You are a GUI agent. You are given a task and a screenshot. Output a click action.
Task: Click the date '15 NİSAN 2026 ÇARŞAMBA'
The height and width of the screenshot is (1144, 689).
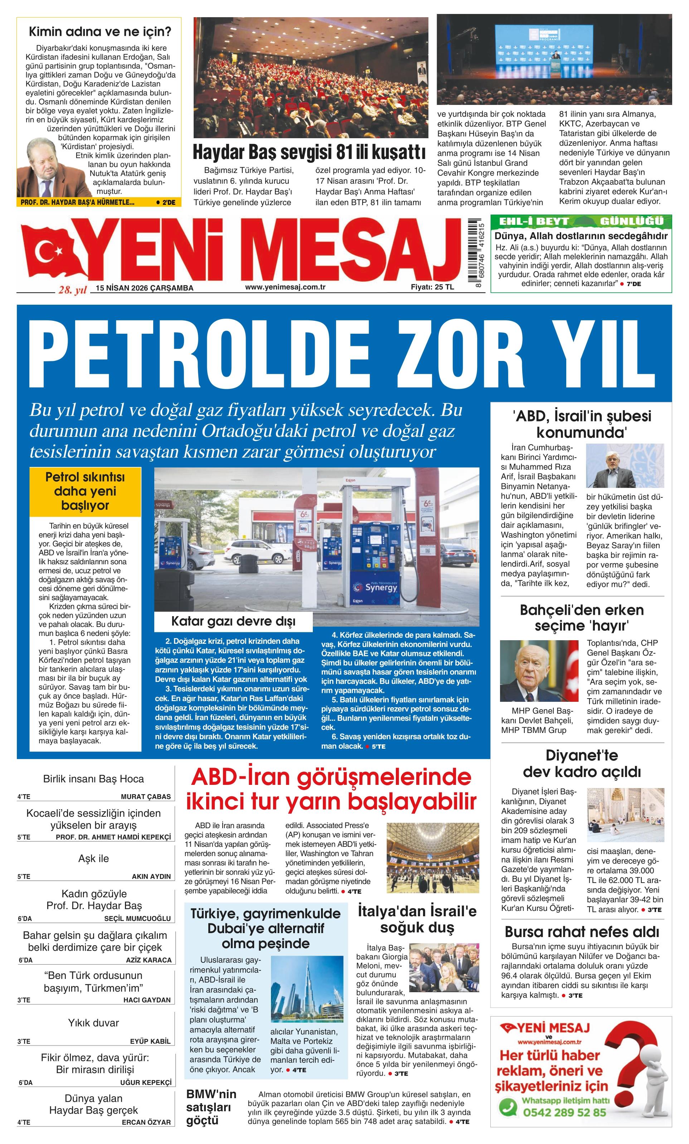pyautogui.click(x=144, y=288)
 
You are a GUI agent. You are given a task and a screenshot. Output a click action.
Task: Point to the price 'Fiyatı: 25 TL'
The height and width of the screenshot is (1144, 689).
pyautogui.click(x=432, y=287)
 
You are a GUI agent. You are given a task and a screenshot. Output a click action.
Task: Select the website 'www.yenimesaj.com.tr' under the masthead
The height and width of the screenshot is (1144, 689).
pyautogui.click(x=285, y=287)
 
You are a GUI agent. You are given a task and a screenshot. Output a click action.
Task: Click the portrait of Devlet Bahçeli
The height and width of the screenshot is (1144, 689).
pyautogui.click(x=538, y=671)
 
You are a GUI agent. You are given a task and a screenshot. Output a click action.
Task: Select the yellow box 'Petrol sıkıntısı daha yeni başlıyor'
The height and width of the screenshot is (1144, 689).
pyautogui.click(x=85, y=491)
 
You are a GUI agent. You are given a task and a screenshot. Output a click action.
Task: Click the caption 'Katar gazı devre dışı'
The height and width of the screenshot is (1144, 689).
pyautogui.click(x=233, y=621)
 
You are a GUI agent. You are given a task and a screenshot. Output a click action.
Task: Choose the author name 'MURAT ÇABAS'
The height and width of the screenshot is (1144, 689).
pyautogui.click(x=146, y=797)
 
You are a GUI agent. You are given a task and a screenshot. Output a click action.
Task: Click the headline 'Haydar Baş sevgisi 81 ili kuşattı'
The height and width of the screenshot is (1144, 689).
pyautogui.click(x=309, y=152)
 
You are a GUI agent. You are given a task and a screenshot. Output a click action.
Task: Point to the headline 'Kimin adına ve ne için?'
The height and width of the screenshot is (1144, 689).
pyautogui.click(x=100, y=32)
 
